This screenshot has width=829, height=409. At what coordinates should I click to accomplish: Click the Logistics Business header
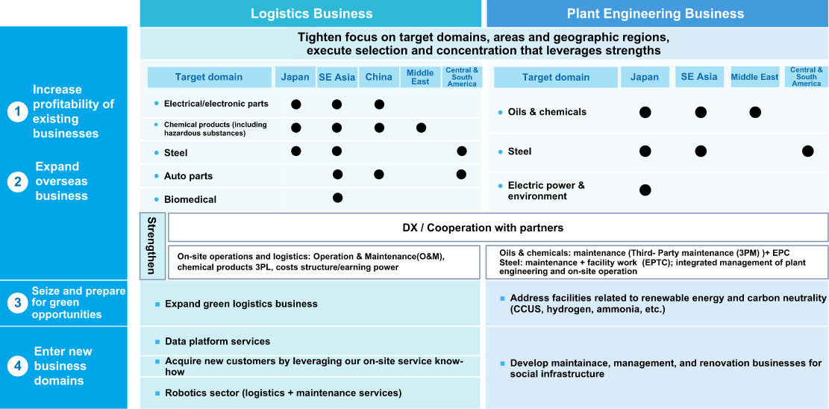(311, 13)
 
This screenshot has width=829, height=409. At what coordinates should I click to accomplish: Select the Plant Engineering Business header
(655, 13)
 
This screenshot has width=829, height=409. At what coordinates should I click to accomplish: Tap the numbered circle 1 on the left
(17, 112)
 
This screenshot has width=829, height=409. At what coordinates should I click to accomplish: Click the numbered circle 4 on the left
(17, 366)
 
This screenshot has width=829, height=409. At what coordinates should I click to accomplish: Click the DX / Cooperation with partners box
(498, 228)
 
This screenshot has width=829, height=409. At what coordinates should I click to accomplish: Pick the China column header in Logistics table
(379, 78)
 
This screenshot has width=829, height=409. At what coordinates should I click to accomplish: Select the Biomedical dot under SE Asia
(338, 198)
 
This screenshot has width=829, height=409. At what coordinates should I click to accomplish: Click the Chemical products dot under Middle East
(421, 128)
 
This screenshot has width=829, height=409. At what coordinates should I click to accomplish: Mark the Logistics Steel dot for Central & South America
(462, 152)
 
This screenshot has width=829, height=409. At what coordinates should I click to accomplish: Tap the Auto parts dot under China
(378, 174)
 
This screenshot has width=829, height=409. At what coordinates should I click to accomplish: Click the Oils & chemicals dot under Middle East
(755, 112)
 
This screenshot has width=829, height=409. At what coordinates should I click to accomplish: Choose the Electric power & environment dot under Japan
(645, 190)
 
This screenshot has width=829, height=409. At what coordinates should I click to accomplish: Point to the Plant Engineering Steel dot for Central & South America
(808, 152)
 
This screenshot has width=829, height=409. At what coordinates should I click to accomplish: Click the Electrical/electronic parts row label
(216, 104)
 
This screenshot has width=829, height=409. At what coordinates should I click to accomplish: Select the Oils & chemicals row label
(547, 112)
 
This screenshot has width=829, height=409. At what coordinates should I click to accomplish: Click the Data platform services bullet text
(218, 342)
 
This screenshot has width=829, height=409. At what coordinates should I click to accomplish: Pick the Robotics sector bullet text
(284, 393)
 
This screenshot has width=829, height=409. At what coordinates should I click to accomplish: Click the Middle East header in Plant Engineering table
(755, 78)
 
